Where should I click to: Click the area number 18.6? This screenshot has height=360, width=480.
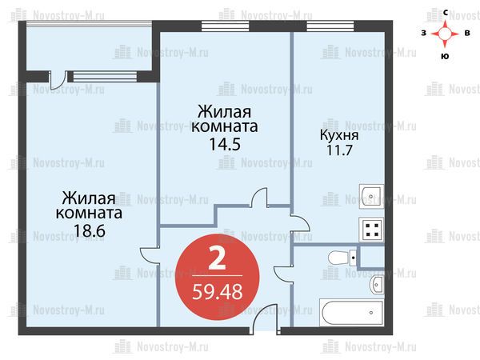click(x=90, y=230)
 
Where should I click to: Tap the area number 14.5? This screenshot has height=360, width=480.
click(x=225, y=144)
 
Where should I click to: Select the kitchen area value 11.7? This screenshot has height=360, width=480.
click(x=339, y=150)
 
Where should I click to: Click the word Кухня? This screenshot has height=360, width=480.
click(x=339, y=135)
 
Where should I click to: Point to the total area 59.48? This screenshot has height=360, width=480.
click(x=218, y=292)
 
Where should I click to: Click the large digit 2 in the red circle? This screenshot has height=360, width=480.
click(x=217, y=258)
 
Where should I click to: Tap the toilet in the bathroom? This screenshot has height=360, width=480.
click(x=342, y=258)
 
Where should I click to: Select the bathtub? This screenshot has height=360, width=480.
click(x=351, y=312)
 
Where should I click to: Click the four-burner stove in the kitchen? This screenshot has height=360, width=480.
click(x=371, y=230)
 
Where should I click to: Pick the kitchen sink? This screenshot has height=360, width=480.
click(x=371, y=196)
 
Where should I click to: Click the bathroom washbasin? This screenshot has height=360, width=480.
click(x=377, y=285)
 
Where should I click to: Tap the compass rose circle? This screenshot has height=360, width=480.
click(x=445, y=34)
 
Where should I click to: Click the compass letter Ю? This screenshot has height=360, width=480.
click(x=445, y=56)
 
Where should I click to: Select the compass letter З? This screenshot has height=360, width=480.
click(x=424, y=33)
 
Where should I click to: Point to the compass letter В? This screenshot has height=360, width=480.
click(x=467, y=33)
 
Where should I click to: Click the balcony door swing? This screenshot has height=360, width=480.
click(x=58, y=80)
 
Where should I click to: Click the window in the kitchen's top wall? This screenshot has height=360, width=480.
click(x=330, y=26)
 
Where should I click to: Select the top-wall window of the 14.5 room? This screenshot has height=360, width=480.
click(x=226, y=26)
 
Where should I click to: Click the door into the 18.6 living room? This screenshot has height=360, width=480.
click(x=150, y=255)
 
